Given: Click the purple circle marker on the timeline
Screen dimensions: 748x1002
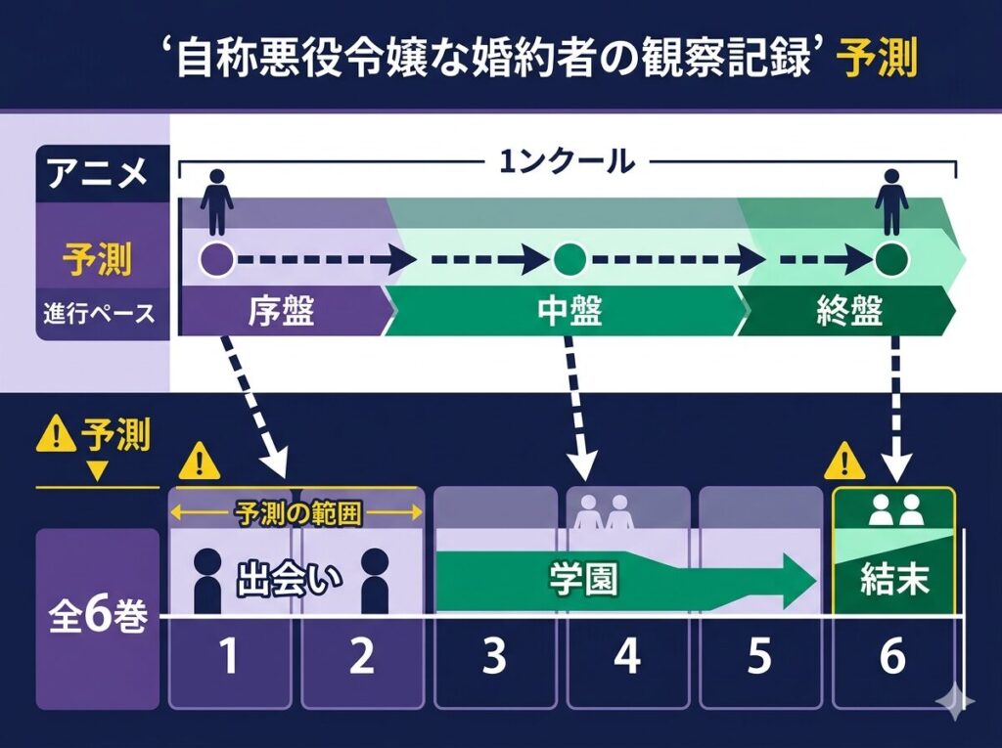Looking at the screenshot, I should point(216,260).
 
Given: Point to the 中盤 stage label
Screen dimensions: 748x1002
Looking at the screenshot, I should point(569,312).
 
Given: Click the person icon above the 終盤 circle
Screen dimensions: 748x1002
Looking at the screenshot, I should point(890,201).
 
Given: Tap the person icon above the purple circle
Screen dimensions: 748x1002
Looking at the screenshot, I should point(216,201).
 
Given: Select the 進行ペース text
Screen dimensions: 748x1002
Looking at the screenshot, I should point(98,314).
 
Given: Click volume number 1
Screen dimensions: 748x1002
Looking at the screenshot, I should point(229,658).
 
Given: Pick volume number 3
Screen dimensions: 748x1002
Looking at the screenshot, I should point(494,658).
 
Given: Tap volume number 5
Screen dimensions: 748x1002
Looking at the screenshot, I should point(759,658).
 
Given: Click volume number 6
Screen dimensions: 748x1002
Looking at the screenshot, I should point(891,658).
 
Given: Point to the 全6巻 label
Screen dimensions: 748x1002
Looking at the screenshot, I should point(97,618).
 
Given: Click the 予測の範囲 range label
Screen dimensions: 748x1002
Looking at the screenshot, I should point(296,512).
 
